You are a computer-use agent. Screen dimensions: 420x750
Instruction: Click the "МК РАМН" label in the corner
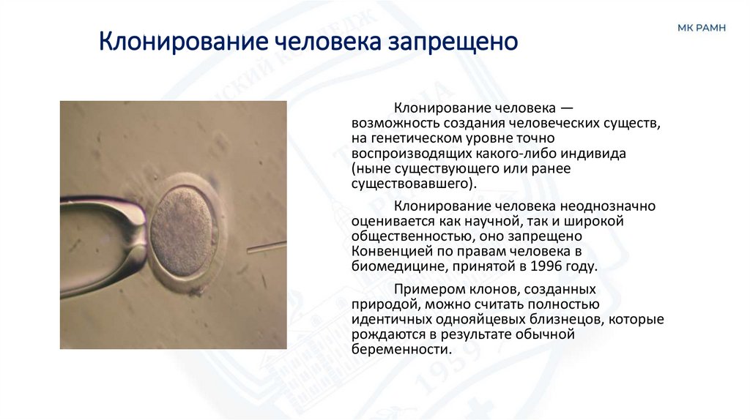[701, 28]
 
